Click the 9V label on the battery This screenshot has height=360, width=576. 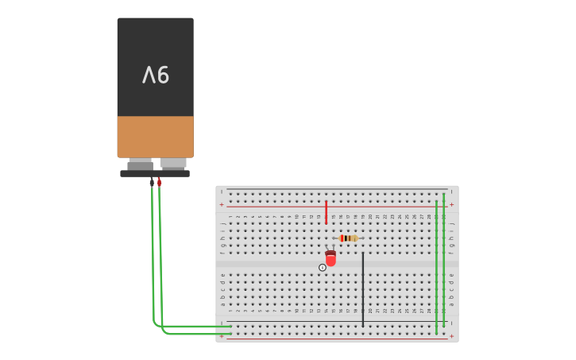156,75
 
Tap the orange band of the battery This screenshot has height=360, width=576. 155,137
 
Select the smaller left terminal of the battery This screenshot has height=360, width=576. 141,164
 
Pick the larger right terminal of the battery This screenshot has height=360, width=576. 172,164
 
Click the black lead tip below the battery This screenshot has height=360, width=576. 152,182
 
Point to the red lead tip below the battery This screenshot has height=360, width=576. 159,182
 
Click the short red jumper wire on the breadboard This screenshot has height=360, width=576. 326,211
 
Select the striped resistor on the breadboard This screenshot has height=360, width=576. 348,238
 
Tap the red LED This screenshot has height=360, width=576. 331,258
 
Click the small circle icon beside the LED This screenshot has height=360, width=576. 323,268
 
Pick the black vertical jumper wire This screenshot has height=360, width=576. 363,289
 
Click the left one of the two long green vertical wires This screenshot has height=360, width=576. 436,266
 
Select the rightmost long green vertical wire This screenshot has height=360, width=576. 444,262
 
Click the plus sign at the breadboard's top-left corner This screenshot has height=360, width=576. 222,205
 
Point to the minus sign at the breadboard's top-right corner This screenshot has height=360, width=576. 452,192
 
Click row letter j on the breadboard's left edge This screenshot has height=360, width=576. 222,216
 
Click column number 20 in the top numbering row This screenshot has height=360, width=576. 370,216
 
